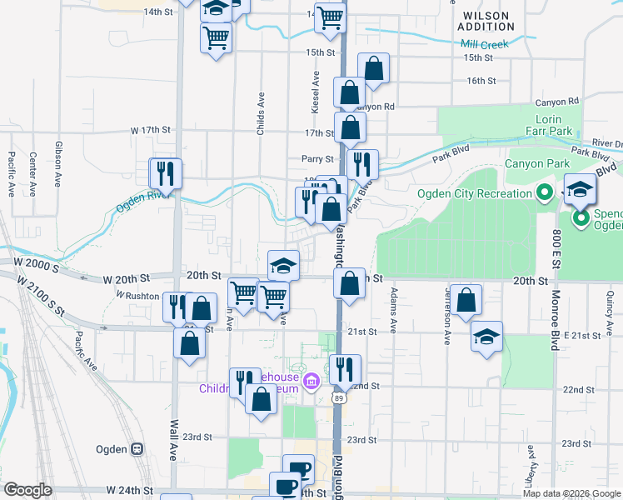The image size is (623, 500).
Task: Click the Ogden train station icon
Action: pyautogui.click(x=137, y=449)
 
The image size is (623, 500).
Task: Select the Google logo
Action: pyautogui.click(x=28, y=490)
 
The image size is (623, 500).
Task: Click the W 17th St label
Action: pyautogui.click(x=150, y=131)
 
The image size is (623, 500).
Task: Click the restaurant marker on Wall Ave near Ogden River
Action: pyautogui.click(x=164, y=173)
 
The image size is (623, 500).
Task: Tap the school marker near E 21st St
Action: pyautogui.click(x=487, y=337)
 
